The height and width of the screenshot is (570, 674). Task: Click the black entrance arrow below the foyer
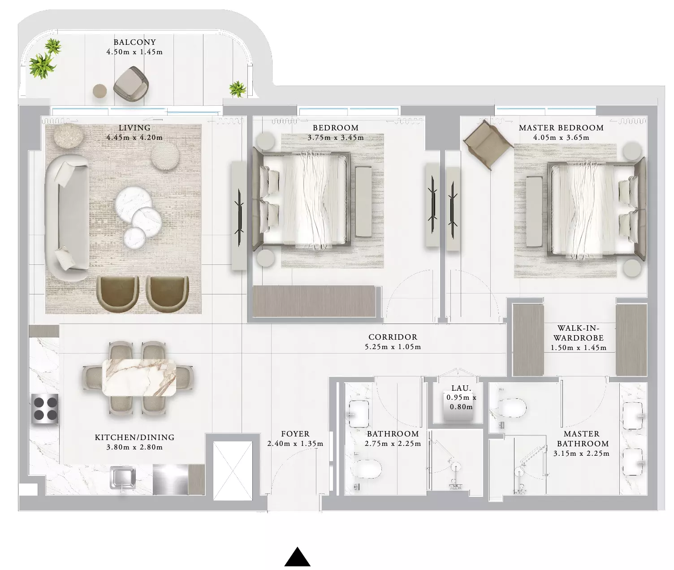297,557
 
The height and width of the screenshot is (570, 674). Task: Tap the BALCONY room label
135,42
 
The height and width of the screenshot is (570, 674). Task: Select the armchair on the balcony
131,84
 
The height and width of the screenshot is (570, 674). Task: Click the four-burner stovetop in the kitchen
45,409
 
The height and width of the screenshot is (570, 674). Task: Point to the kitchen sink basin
122,479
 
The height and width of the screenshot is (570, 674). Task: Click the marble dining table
139,377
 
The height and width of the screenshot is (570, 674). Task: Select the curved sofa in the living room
67,218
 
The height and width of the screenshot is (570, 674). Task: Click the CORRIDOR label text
393,337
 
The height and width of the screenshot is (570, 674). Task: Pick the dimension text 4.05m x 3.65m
561,138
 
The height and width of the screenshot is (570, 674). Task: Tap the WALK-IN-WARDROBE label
579,333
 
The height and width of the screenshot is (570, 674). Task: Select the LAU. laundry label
462,388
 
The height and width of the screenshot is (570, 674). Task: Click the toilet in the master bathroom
512,408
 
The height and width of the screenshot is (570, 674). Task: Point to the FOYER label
295,434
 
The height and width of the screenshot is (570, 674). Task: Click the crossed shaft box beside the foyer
233,471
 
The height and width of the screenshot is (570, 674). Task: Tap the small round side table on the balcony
100,91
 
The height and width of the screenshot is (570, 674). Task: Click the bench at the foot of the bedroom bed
363,202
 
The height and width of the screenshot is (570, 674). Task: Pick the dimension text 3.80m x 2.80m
135,447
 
